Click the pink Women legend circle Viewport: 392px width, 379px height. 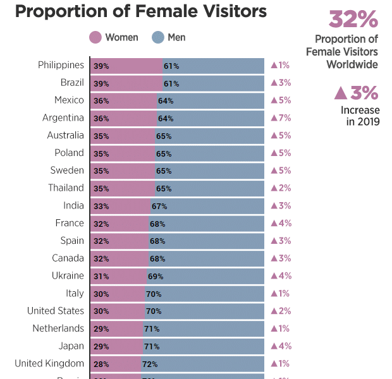point(95,38)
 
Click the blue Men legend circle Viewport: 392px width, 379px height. point(158,38)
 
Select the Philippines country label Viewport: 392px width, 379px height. point(61,65)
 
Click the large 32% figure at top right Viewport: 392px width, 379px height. point(353,20)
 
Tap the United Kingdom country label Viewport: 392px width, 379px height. point(49,363)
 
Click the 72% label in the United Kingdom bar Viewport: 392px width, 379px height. point(150,364)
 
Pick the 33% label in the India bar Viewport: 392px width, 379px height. point(101,206)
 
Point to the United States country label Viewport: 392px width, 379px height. point(55,311)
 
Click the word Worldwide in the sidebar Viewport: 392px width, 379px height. point(352,64)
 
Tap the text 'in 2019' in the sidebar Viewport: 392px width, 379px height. point(363,122)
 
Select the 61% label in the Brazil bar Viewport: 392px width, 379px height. point(171,83)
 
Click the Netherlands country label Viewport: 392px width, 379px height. point(58,328)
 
